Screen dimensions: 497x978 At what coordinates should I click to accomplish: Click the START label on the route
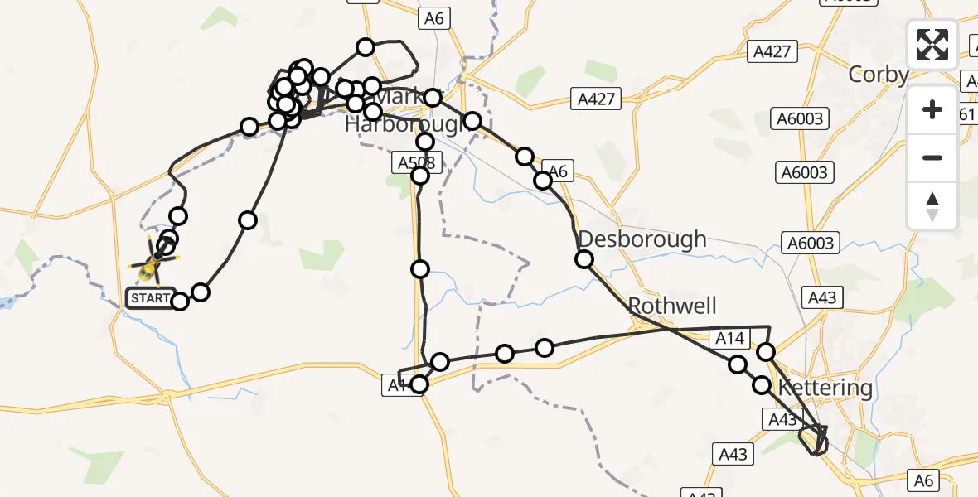tap(150, 298)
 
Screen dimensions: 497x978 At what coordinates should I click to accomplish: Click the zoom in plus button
tap(932, 109)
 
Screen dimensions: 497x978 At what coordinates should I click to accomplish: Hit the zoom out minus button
tap(932, 157)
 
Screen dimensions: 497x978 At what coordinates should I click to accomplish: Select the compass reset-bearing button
tap(932, 205)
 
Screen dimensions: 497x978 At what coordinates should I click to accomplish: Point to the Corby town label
tap(879, 75)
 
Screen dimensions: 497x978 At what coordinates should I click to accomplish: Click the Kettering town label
tap(825, 388)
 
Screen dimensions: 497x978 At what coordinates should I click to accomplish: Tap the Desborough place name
tap(642, 239)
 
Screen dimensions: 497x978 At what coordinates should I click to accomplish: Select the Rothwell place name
tap(672, 306)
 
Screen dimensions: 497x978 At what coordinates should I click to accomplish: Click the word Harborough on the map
tap(403, 125)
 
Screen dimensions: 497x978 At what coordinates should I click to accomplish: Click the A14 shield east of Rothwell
tap(729, 337)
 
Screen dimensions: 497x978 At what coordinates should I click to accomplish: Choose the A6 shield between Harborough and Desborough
tap(558, 171)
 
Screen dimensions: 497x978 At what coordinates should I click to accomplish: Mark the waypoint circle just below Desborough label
tap(584, 259)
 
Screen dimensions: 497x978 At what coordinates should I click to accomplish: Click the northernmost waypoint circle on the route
tap(366, 47)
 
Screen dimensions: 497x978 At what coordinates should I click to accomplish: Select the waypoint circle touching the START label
tap(179, 301)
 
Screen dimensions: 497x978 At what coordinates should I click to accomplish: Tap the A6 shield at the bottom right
tap(925, 479)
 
